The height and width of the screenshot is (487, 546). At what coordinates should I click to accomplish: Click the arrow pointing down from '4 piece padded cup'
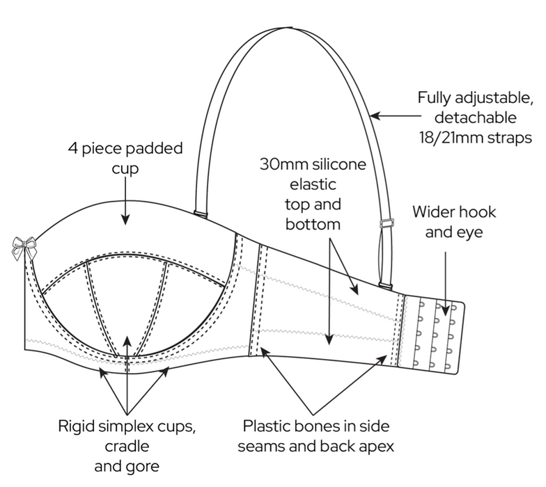[x=125, y=205]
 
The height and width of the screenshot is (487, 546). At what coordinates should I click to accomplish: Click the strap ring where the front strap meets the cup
[x=201, y=211]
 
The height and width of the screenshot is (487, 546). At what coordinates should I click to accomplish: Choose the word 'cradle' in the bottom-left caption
[x=126, y=444]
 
